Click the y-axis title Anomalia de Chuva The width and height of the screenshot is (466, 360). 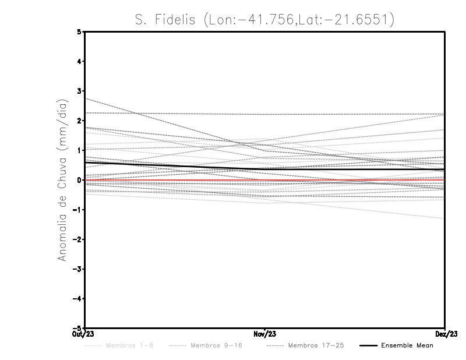[x=61, y=180]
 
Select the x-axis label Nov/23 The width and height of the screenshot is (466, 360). [x=265, y=334]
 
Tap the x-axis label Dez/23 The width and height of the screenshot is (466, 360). [x=445, y=334]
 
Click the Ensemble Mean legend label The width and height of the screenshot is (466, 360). [x=407, y=345]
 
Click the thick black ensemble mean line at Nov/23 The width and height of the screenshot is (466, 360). [x=265, y=170]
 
